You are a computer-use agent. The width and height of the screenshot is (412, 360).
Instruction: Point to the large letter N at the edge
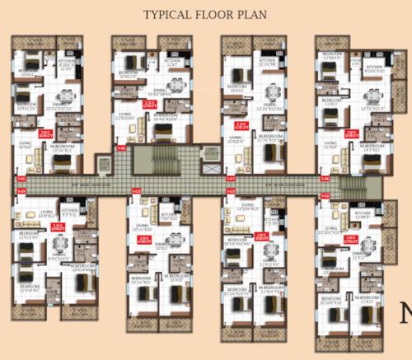click(405, 313)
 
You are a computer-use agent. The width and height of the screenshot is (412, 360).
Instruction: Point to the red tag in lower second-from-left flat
click(143, 240)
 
